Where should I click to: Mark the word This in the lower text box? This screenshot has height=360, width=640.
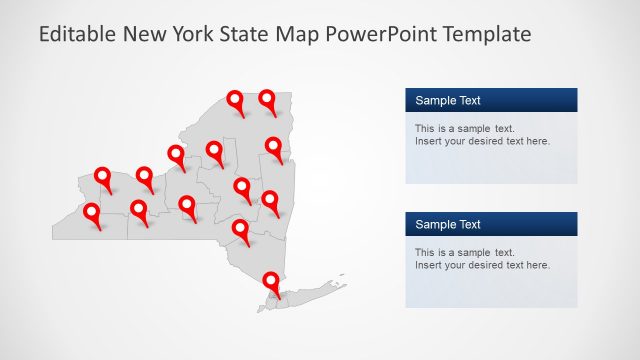pyautogui.click(x=425, y=252)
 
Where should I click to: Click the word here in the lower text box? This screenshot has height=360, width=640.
pyautogui.click(x=537, y=265)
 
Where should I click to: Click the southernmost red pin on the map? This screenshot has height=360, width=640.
pyautogui.click(x=270, y=282)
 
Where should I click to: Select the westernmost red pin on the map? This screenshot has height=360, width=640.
pyautogui.click(x=92, y=213)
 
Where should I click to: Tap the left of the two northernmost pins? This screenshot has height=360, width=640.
pyautogui.click(x=236, y=100)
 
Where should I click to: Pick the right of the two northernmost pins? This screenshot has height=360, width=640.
pyautogui.click(x=268, y=99)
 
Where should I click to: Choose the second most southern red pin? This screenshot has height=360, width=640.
pyautogui.click(x=241, y=229)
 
